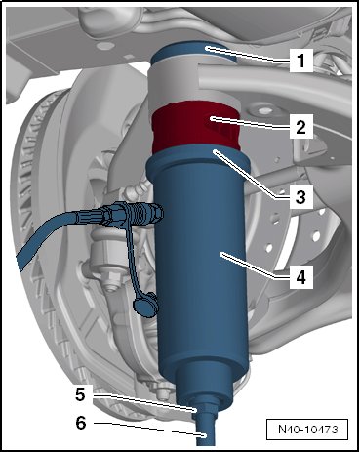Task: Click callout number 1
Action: point(301,61)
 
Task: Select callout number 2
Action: point(300,127)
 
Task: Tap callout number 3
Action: point(300,196)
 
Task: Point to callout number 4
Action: point(301,277)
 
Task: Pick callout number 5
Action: point(80,394)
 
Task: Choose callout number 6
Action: point(81,423)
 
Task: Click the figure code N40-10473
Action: point(307,430)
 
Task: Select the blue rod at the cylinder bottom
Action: point(205,430)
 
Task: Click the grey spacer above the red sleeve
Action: point(194,84)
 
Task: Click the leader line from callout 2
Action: point(251,123)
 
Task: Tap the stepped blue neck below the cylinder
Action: point(204,388)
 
